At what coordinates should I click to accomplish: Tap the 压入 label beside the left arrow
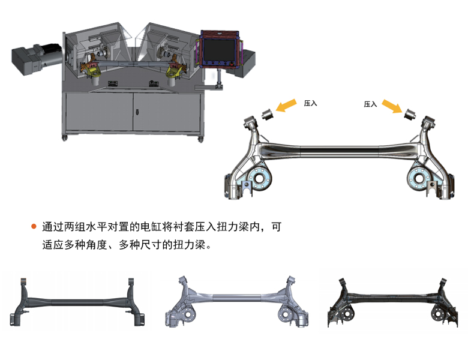310,103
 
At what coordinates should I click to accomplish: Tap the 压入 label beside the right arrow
370,104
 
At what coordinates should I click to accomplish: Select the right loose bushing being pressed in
410,113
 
